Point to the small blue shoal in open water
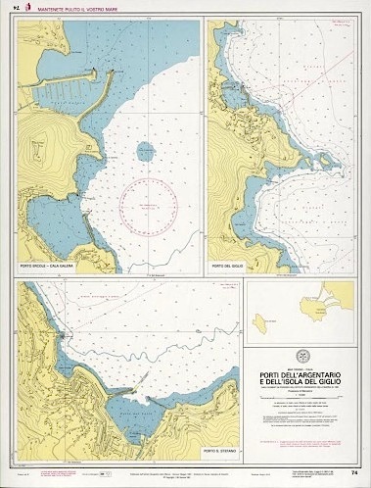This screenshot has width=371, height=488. point(145,152)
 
